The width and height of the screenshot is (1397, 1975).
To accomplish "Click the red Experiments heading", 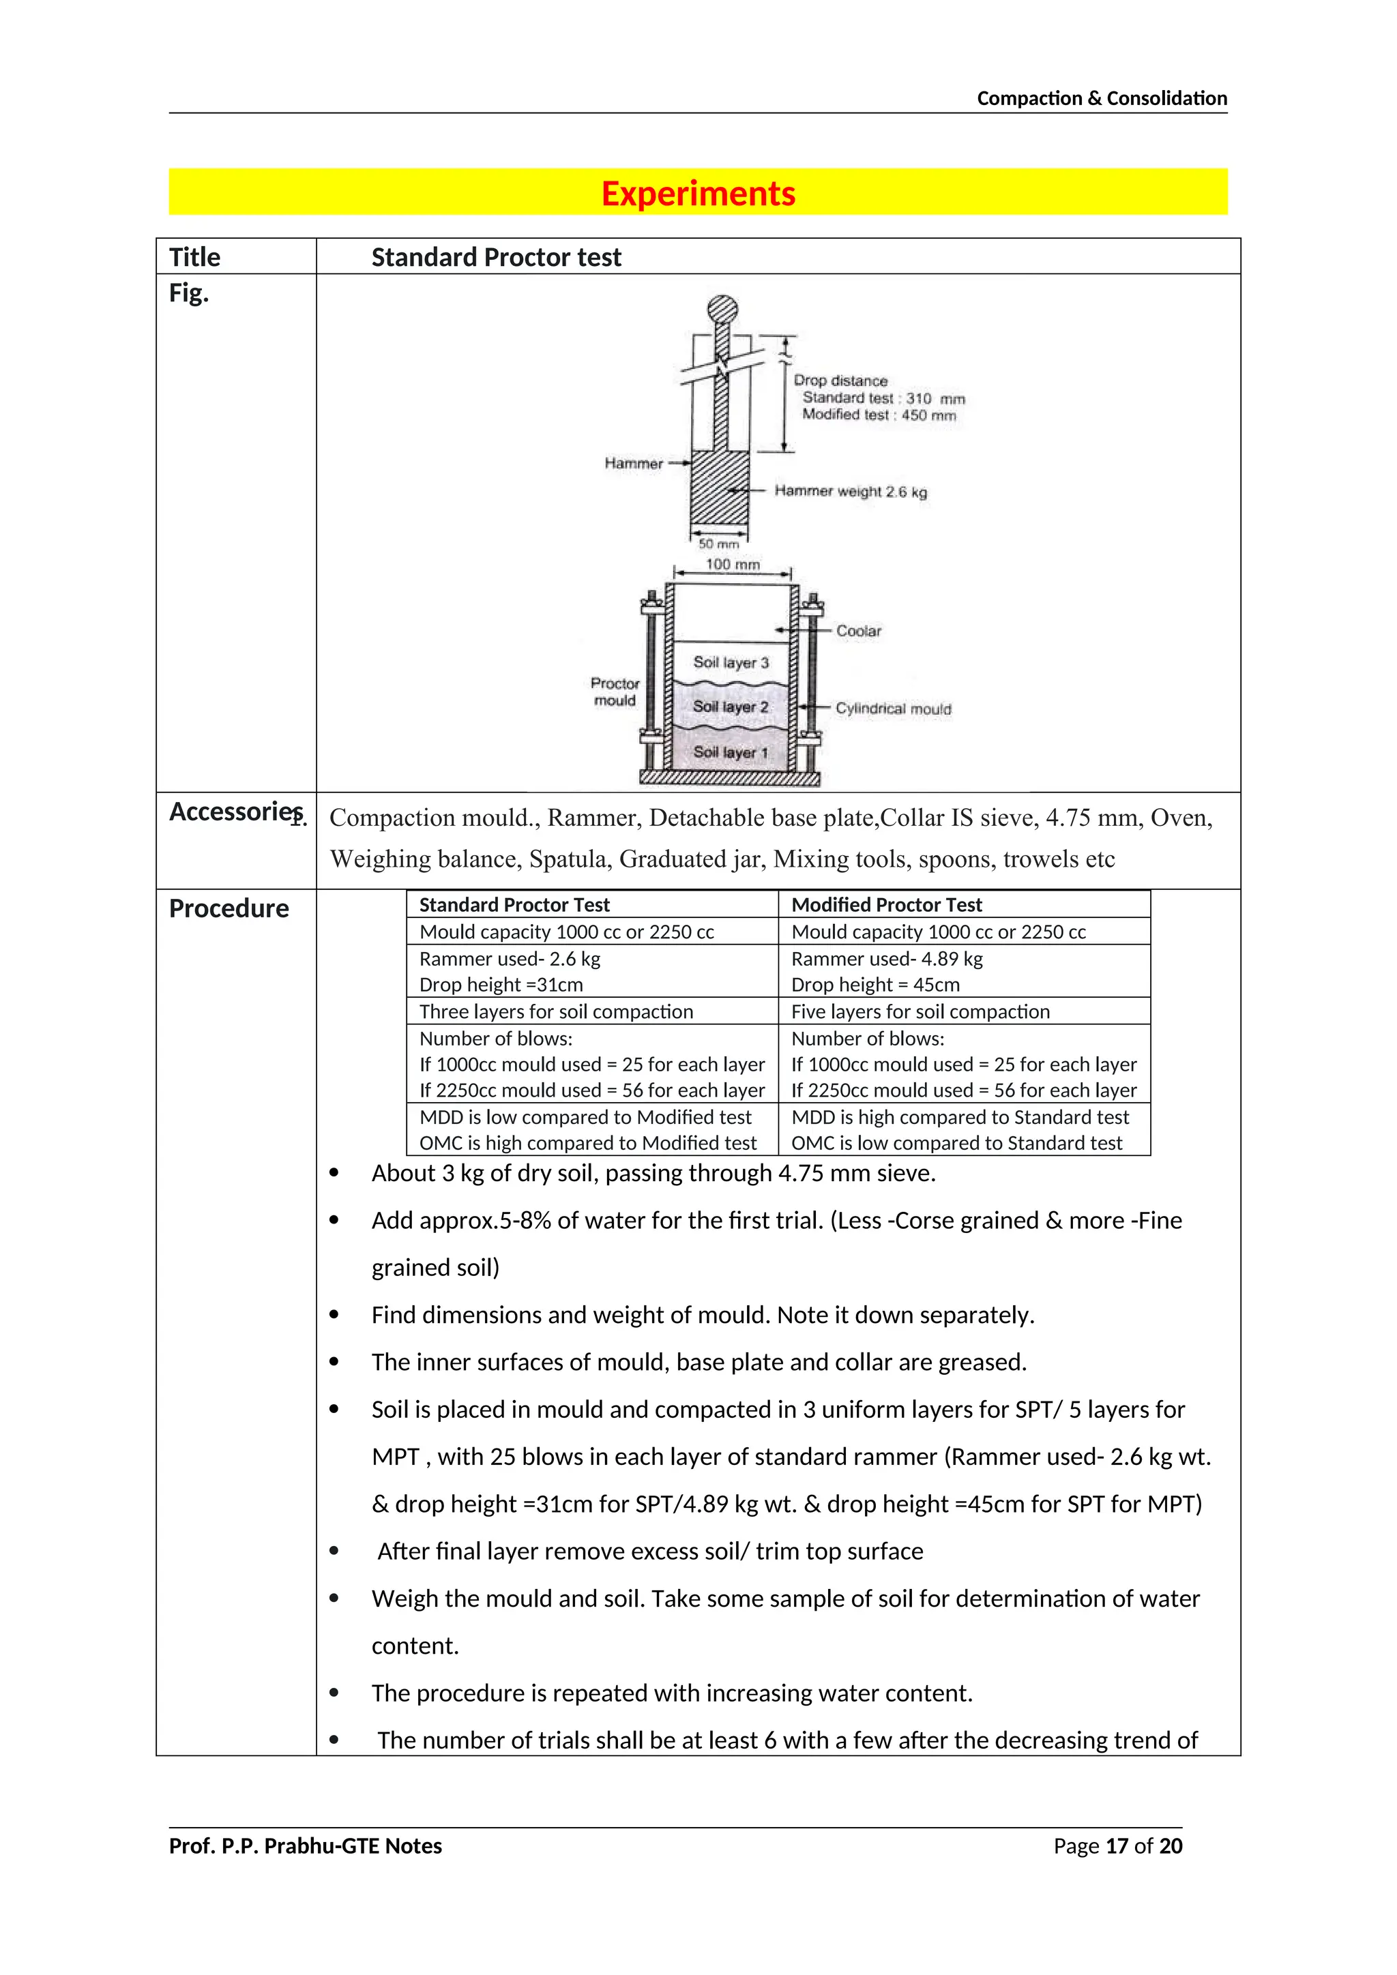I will (698, 194).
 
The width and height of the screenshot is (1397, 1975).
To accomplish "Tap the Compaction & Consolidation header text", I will (1101, 98).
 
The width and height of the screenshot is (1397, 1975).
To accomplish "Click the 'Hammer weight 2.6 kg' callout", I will (850, 491).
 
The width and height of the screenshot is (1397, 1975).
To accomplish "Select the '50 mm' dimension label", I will (718, 544).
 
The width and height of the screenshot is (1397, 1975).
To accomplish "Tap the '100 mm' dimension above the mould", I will (732, 564).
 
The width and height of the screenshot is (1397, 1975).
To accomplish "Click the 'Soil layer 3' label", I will (731, 662).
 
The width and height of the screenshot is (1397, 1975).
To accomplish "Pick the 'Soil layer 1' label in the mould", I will (731, 752).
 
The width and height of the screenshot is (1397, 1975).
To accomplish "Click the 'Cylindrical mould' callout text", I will (893, 709).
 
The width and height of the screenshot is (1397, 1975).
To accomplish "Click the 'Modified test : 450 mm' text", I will (879, 415).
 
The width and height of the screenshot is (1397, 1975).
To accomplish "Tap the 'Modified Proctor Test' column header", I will (886, 905).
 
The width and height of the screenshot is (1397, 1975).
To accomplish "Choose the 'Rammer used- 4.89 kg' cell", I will (886, 959).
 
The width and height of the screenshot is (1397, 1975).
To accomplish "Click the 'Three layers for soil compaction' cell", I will (556, 1011).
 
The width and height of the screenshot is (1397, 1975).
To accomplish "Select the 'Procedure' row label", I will (229, 908).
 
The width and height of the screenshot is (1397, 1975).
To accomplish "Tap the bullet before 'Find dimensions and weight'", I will (334, 1316).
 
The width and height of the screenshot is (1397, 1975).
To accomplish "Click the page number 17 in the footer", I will (1116, 1846).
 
